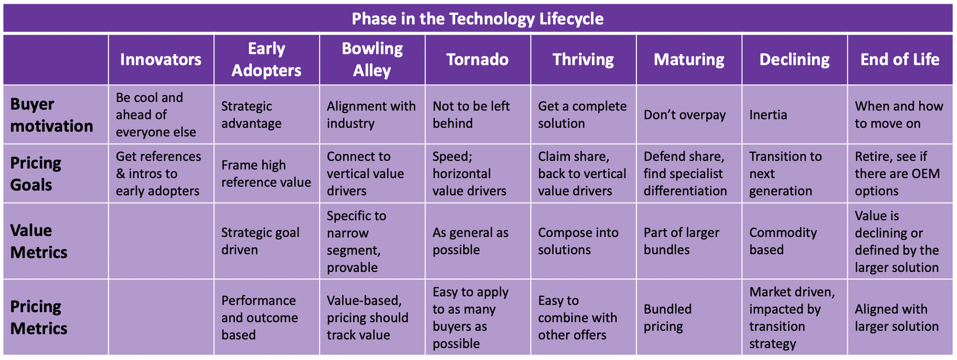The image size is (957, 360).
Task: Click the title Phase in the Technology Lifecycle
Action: point(478,19)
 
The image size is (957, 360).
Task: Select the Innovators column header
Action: point(161,59)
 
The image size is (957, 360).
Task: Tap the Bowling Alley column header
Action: point(372,59)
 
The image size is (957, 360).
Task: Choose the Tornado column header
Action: point(478,59)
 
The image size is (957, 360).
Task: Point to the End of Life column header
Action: point(900,59)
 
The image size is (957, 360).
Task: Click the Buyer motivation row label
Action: point(52,115)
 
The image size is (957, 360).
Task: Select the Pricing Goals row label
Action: point(36,174)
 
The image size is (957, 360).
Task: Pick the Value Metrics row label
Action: point(39,241)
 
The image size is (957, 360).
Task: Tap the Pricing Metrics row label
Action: point(39,317)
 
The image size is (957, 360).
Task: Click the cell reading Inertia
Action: point(768,115)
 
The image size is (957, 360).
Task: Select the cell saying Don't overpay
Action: point(685,115)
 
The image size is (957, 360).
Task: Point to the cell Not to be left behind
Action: point(471,115)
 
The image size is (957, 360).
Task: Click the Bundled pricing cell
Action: point(668,317)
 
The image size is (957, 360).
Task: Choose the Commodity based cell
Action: point(783,241)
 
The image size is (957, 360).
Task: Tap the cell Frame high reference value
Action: point(266,174)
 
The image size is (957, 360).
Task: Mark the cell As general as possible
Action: point(470,241)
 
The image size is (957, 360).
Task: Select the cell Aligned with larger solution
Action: point(897,317)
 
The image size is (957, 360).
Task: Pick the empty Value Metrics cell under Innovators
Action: point(161,241)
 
